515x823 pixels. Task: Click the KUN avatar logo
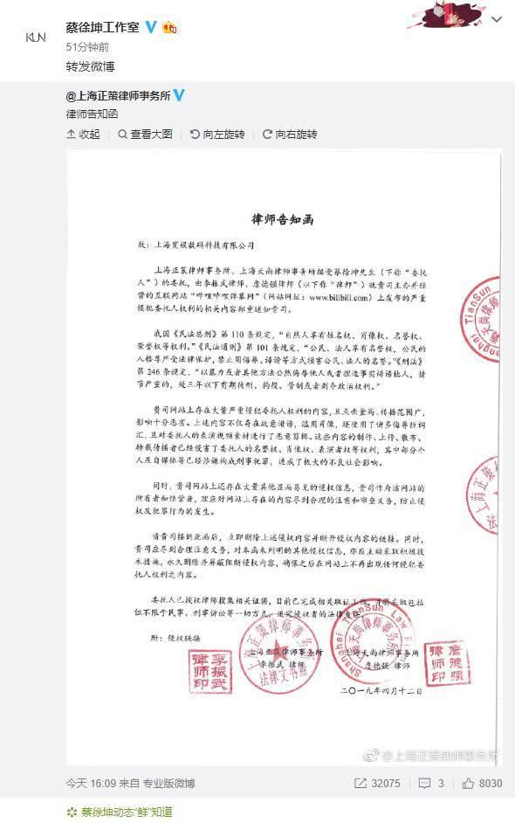[36, 37]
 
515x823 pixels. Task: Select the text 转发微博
[90, 66]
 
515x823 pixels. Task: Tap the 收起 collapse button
[84, 135]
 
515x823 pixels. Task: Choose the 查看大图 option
[146, 135]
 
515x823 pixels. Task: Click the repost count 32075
[377, 784]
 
